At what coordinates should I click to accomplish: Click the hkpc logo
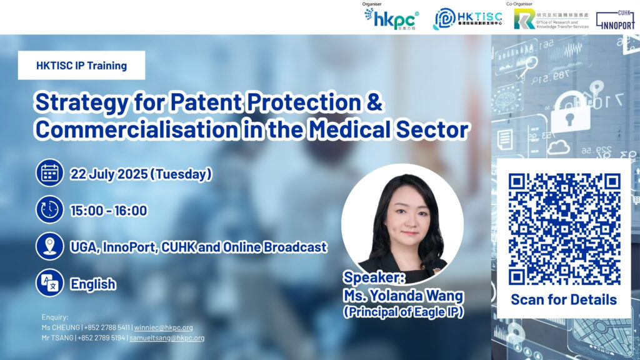click(x=391, y=19)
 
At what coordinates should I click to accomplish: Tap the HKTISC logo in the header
click(x=467, y=19)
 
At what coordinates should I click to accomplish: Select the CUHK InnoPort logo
click(x=616, y=20)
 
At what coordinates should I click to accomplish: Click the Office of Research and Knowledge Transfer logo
click(x=551, y=19)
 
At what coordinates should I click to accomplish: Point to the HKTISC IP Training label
click(x=82, y=65)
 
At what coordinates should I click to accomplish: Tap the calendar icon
click(x=49, y=173)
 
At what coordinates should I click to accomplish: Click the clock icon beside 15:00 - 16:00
click(x=49, y=209)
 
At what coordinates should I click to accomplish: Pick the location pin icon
click(x=49, y=246)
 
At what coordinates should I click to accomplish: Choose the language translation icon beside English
click(x=49, y=282)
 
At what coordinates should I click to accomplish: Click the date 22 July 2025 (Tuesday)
click(x=141, y=174)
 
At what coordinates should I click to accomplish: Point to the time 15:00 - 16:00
click(x=109, y=211)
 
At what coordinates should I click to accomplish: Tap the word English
click(x=93, y=284)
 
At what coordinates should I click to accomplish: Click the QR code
click(x=564, y=229)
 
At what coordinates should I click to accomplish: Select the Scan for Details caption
click(x=564, y=299)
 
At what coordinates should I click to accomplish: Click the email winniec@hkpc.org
click(x=163, y=327)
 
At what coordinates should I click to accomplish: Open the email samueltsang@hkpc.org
click(x=167, y=338)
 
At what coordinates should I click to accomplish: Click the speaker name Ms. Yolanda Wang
click(x=403, y=296)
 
